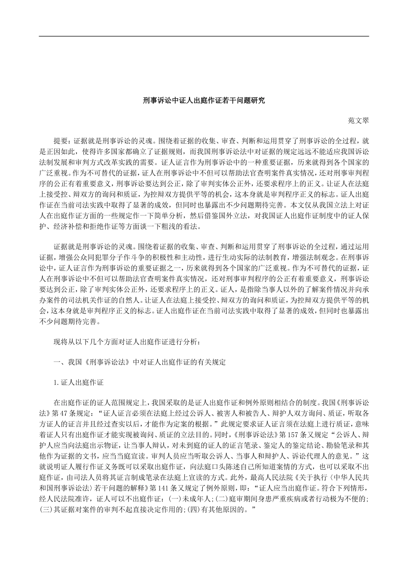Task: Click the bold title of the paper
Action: [204, 100]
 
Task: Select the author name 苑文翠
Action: [358, 121]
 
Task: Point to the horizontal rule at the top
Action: [204, 36]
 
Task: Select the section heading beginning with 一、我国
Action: [140, 362]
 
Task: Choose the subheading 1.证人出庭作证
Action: [79, 382]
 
